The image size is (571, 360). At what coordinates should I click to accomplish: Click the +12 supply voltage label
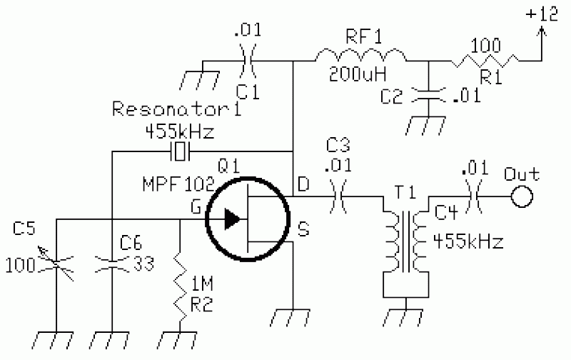542,14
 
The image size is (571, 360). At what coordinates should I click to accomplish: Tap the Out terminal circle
522,196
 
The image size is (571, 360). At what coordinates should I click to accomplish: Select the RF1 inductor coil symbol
360,55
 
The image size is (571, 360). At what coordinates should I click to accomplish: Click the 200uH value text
358,74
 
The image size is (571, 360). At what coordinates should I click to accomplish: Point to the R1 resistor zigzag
485,61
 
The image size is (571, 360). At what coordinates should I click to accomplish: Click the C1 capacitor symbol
248,61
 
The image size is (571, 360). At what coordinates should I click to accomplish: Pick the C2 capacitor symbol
428,94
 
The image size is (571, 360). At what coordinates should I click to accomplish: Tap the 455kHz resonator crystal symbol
180,151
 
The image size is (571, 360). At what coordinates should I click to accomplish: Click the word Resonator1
176,109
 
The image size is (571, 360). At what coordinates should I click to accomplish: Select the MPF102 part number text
178,184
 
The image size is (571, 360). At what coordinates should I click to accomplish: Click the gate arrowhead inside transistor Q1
232,219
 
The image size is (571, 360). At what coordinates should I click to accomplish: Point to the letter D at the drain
303,184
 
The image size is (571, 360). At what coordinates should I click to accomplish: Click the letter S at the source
303,229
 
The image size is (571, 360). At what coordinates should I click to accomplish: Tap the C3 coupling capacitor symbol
338,196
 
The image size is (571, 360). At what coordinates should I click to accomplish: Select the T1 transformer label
405,192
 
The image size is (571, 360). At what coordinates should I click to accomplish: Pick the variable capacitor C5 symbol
56,264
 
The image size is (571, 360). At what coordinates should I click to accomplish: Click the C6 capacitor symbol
112,264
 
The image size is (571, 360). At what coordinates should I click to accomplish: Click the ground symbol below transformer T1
405,316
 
